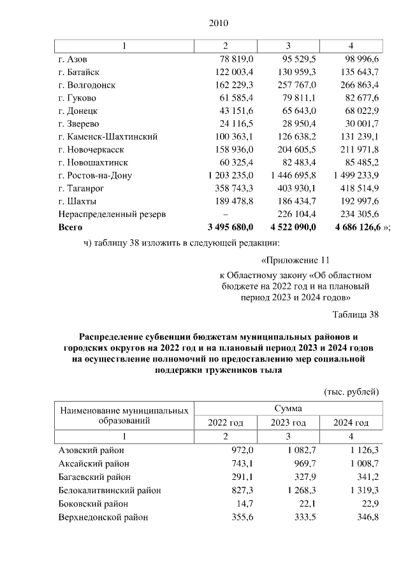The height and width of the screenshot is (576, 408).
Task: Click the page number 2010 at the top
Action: tap(218, 24)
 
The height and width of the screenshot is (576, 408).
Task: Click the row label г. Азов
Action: tap(72, 59)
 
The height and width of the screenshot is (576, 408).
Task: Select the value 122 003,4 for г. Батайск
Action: tap(233, 72)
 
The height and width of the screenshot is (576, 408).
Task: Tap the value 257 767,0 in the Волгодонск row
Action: tap(295, 85)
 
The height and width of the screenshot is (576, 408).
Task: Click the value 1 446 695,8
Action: tap(293, 175)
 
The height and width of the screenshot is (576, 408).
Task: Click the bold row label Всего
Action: tap(70, 227)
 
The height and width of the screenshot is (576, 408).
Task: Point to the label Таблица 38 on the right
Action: tap(356, 314)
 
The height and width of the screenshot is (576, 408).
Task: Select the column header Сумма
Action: tap(288, 408)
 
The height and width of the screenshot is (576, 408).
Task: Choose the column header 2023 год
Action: tap(288, 423)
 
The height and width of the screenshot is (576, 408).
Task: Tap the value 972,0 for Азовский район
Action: tap(242, 450)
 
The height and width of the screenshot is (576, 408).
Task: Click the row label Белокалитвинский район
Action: tap(109, 490)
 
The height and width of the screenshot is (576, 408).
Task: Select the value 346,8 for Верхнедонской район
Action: tap(368, 517)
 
